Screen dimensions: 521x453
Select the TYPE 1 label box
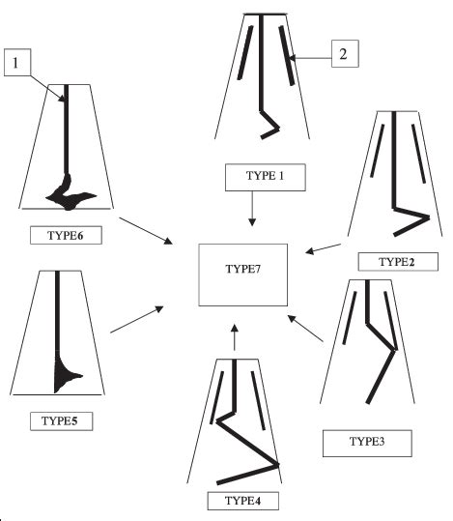265,177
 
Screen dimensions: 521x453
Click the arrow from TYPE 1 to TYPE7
252,209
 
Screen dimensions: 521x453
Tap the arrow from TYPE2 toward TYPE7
325,250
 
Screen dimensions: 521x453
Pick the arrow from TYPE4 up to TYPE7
233,337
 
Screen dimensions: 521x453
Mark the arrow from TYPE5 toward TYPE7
136,320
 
